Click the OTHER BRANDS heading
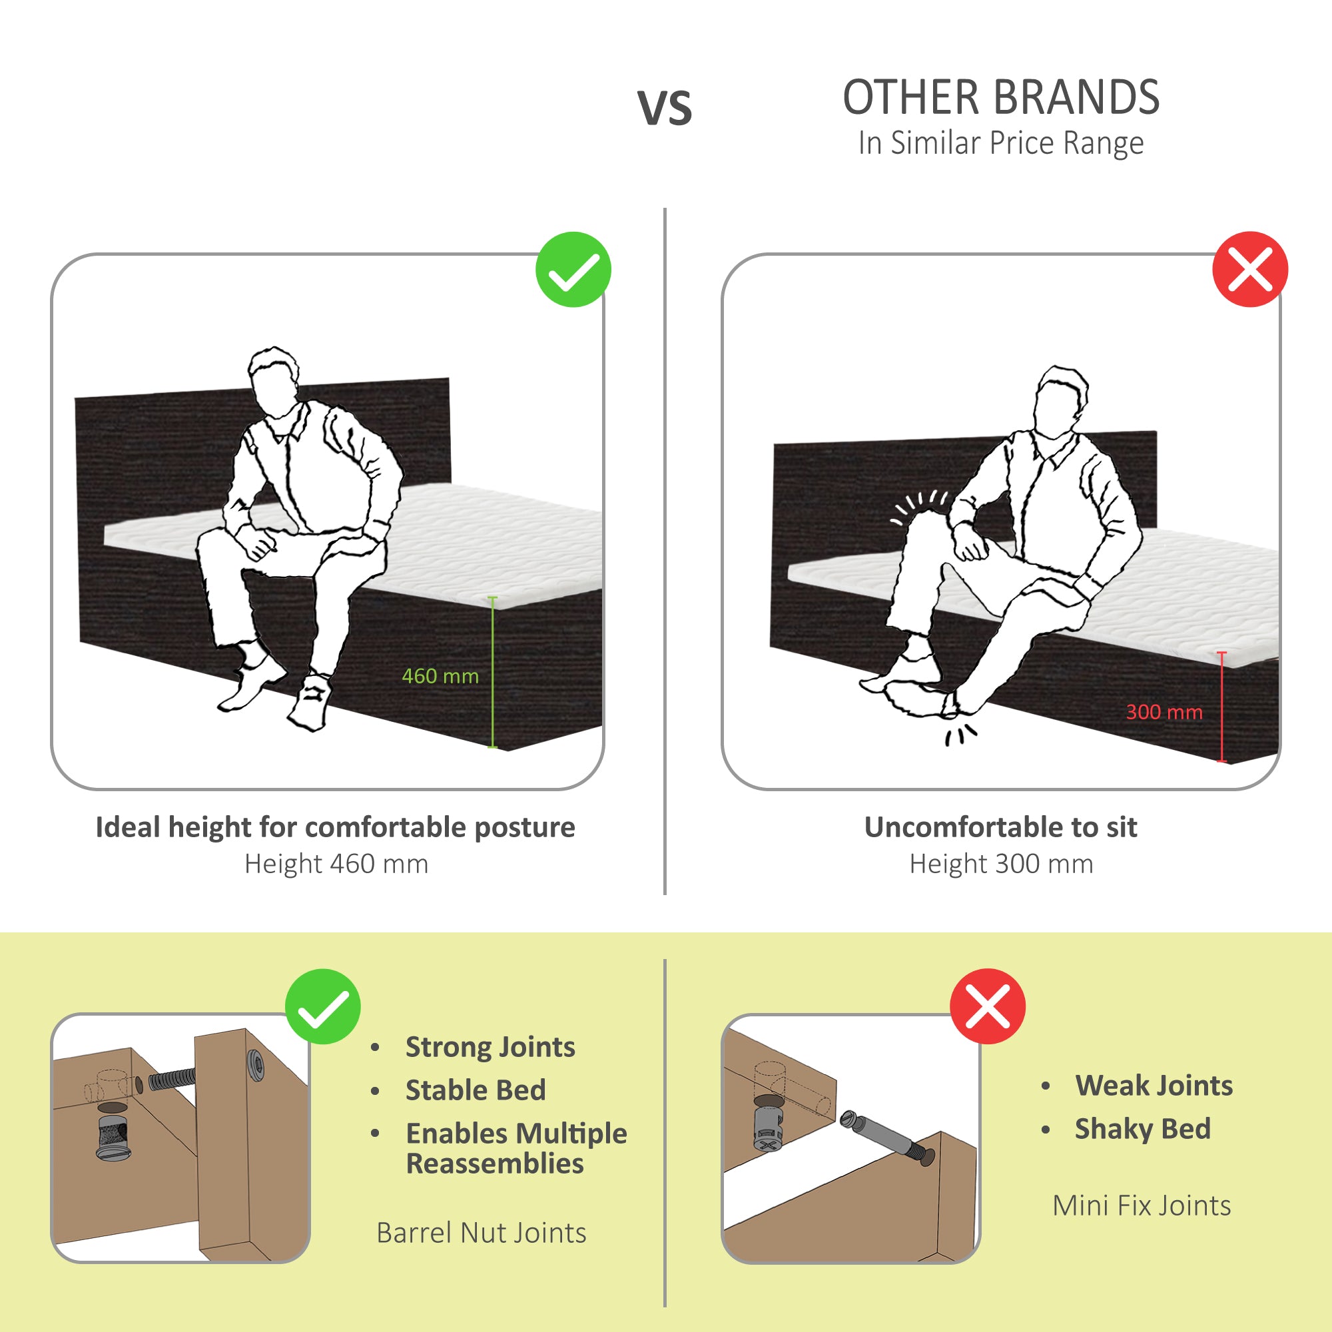1000,97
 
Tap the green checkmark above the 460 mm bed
573,270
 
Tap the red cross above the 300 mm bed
1249,269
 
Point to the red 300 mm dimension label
1164,712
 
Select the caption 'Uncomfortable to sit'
1000,827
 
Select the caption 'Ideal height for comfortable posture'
335,827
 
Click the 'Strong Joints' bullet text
490,1047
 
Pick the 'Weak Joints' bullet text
1154,1086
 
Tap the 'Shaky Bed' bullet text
1142,1130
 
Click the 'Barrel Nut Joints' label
481,1233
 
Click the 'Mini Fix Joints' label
1141,1206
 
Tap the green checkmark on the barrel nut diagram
322,1006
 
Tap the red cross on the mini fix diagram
987,1006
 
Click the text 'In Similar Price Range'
1000,143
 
